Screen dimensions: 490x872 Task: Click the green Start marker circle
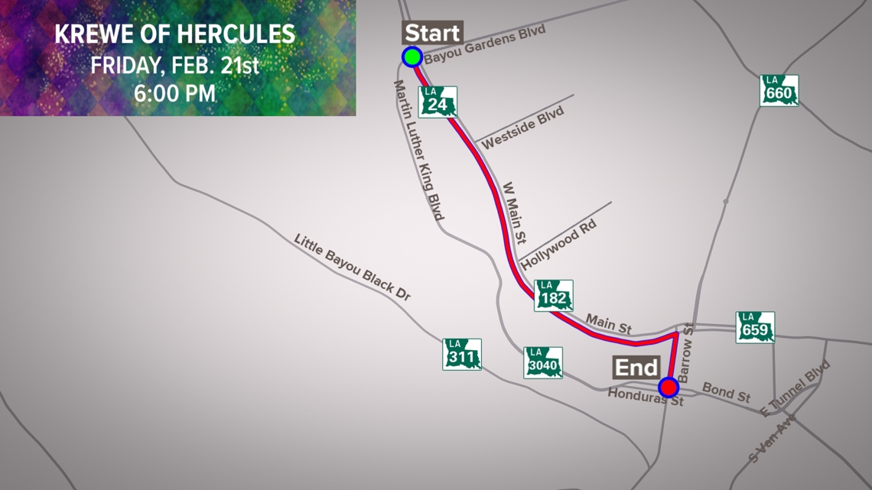(x=412, y=57)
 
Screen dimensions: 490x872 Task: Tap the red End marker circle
(x=669, y=388)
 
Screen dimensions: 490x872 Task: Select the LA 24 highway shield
(x=438, y=102)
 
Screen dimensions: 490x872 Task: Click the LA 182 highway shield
(x=553, y=295)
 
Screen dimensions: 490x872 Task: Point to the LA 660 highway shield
(x=779, y=90)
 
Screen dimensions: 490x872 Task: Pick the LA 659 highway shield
(x=755, y=327)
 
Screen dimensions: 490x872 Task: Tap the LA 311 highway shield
(x=462, y=355)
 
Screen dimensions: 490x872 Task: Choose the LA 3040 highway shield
(x=543, y=363)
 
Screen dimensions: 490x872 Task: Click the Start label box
(x=432, y=33)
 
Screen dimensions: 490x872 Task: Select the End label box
(x=636, y=368)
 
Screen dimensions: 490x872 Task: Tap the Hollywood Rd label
(x=559, y=244)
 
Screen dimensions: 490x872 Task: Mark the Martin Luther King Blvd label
(x=419, y=151)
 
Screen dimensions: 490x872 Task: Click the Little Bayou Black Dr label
(x=353, y=266)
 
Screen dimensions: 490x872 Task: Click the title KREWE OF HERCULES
(x=175, y=34)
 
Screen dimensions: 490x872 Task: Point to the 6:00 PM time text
(x=175, y=93)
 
